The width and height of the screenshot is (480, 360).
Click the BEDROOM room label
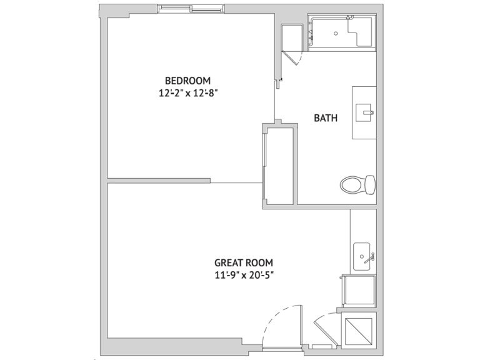click(187, 81)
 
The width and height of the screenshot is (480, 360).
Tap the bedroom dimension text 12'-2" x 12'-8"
click(188, 92)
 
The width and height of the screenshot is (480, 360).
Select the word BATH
click(326, 118)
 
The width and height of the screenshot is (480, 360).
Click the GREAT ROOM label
click(244, 262)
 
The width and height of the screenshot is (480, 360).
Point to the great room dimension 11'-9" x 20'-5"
click(244, 275)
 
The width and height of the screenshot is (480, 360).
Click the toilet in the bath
click(357, 184)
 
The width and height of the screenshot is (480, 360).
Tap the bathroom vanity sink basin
click(363, 112)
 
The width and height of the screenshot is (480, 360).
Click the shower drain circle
click(336, 34)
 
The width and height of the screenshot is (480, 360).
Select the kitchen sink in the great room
click(362, 256)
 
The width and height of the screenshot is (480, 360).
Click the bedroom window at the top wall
click(191, 9)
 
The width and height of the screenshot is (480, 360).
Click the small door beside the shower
click(293, 58)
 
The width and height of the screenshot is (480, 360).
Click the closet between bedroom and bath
click(280, 165)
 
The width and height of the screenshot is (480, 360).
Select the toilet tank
click(371, 184)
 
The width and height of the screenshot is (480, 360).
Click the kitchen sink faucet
click(370, 257)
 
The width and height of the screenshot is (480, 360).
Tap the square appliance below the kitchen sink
click(359, 291)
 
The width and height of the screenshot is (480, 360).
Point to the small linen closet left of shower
click(292, 37)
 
